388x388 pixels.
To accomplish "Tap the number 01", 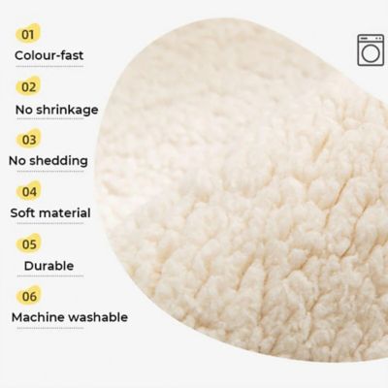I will pos(29,34).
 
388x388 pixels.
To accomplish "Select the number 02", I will pos(29,86).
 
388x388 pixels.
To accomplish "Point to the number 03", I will pos(30,139).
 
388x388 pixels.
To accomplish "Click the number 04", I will pos(30,191).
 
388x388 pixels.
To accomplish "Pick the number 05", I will pos(30,243).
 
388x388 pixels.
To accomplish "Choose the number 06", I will pos(30,295).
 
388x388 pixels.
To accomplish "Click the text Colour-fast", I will pos(48,55).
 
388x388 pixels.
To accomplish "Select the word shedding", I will pos(68,160).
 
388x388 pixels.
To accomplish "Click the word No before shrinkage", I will pos(23,108).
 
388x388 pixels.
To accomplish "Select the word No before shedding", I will pos(23,160).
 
